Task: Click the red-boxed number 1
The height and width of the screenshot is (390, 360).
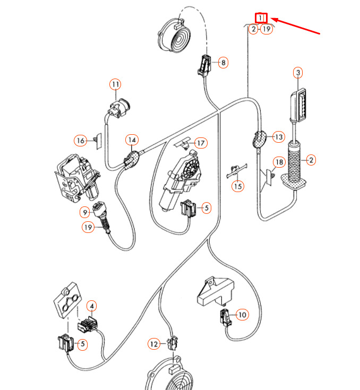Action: click(x=262, y=18)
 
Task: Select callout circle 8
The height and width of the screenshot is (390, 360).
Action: click(x=224, y=63)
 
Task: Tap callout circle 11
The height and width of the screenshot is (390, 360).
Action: click(x=116, y=84)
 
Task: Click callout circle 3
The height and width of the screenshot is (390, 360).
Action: click(x=298, y=72)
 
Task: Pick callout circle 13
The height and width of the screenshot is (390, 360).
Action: click(x=279, y=136)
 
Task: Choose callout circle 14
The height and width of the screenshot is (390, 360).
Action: click(x=132, y=140)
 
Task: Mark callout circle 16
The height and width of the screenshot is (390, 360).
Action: click(x=80, y=141)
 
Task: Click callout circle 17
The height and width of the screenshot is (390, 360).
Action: click(x=201, y=143)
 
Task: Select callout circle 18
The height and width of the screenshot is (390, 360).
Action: click(x=279, y=162)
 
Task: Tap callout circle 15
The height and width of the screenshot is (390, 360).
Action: click(x=238, y=186)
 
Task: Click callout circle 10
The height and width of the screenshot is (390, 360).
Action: click(x=242, y=315)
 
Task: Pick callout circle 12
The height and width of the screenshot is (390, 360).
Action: click(x=154, y=344)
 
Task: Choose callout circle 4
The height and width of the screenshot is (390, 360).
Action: click(x=92, y=306)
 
